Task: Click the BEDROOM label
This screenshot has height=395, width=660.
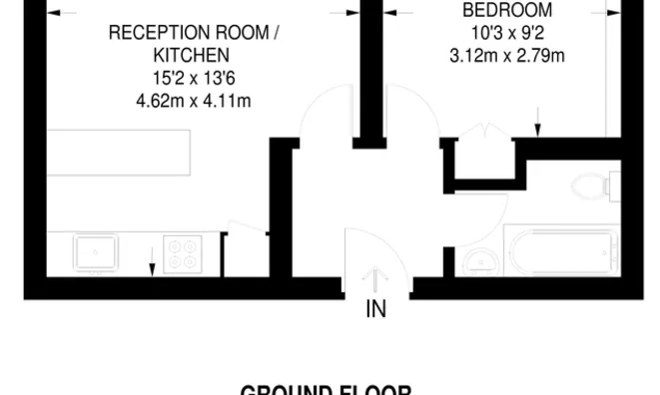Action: (x=492, y=11)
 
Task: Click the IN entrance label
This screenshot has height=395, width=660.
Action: (x=375, y=309)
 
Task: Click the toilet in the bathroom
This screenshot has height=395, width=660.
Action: (x=596, y=186)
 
